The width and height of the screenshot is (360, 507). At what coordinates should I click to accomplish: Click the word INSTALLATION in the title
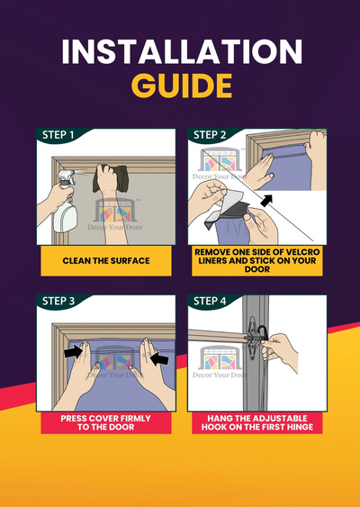pyautogui.click(x=182, y=51)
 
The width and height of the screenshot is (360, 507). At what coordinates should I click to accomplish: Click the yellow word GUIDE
pyautogui.click(x=182, y=86)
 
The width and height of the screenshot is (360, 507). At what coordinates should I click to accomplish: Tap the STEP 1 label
pyautogui.click(x=58, y=135)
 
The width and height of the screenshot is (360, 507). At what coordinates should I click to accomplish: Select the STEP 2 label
pyautogui.click(x=210, y=135)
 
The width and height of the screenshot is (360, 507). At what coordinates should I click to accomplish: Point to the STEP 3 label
pyautogui.click(x=58, y=301)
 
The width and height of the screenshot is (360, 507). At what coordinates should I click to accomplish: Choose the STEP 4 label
pyautogui.click(x=210, y=301)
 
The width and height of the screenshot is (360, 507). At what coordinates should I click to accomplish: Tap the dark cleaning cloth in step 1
pyautogui.click(x=110, y=178)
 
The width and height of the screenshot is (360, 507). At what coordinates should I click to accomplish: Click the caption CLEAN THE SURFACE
pyautogui.click(x=106, y=260)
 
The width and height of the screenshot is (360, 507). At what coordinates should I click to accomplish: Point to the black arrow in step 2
pyautogui.click(x=266, y=201)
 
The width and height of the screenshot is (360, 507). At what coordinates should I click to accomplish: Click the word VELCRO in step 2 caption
pyautogui.click(x=301, y=252)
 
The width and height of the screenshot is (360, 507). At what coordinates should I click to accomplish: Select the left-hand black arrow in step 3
pyautogui.click(x=73, y=352)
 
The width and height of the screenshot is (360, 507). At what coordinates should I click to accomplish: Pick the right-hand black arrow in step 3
pyautogui.click(x=159, y=358)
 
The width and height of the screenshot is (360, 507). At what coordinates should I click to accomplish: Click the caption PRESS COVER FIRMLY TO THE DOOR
pyautogui.click(x=106, y=422)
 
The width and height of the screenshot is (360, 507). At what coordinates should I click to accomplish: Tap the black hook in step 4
pyautogui.click(x=262, y=333)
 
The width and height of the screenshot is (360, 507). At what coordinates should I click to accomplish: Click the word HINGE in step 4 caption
pyautogui.click(x=301, y=427)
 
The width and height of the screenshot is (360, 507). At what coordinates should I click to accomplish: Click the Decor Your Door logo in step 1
pyautogui.click(x=115, y=214)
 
